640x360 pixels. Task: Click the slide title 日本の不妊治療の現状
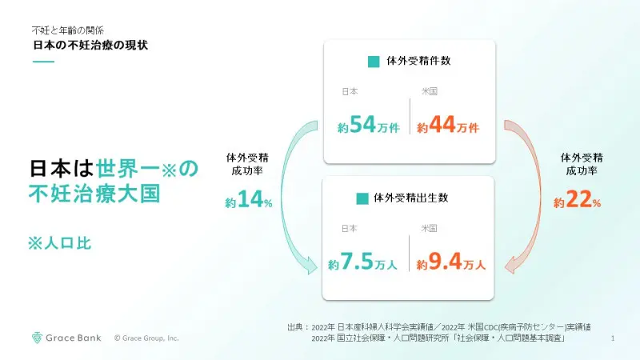click(90, 45)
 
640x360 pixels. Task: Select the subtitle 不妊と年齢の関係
click(68, 30)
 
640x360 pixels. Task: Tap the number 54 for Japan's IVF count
click(362, 124)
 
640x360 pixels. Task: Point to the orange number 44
click(442, 124)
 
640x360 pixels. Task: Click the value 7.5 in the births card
click(357, 262)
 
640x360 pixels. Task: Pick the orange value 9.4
click(445, 262)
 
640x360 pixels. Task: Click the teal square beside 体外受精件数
click(374, 62)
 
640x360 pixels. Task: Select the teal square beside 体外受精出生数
click(362, 198)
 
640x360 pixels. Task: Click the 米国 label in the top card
click(430, 91)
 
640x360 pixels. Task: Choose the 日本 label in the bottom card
click(350, 229)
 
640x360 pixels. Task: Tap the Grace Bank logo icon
click(37, 338)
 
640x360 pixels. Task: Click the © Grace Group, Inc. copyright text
click(146, 338)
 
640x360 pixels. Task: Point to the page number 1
click(613, 338)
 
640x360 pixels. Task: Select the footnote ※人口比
click(59, 243)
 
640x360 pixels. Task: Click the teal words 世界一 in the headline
click(126, 169)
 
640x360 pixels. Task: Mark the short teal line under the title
click(44, 62)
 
